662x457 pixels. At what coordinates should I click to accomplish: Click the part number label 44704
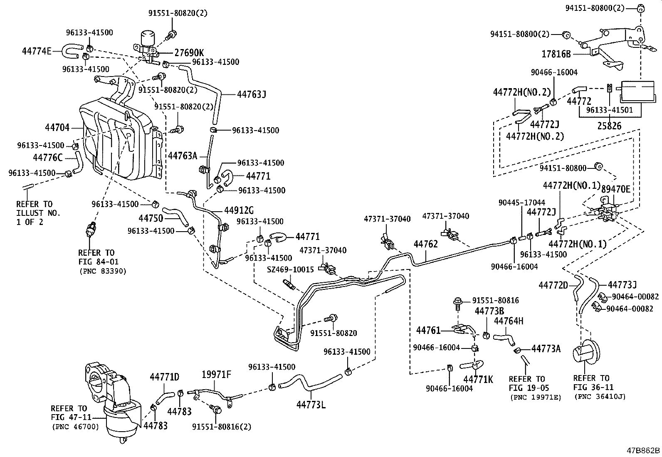click(57, 128)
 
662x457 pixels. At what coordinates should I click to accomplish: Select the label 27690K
click(189, 53)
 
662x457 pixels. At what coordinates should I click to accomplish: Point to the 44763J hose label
click(251, 94)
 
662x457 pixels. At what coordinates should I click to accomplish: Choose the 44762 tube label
click(425, 244)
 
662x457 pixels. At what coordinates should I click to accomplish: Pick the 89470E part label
click(615, 189)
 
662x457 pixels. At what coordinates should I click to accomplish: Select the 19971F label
click(216, 374)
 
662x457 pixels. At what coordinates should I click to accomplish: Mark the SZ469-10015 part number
click(290, 270)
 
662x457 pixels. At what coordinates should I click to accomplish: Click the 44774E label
click(37, 51)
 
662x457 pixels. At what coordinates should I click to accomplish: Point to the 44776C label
click(48, 157)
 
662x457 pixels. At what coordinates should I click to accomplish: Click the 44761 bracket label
click(428, 330)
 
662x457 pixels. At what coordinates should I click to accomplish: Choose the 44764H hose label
click(508, 321)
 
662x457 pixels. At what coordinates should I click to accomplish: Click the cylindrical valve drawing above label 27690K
click(146, 39)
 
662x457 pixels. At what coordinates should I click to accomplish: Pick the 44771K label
click(478, 379)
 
